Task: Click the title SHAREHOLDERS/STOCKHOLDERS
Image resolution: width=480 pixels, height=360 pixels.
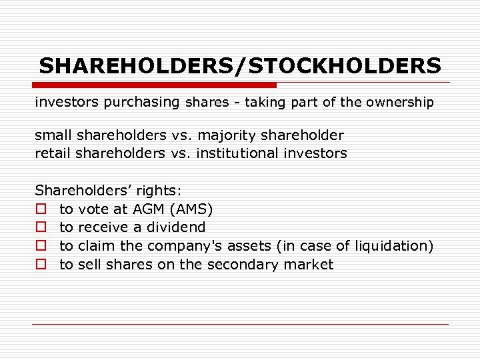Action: click(240, 66)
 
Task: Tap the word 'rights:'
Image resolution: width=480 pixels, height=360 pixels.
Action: click(159, 190)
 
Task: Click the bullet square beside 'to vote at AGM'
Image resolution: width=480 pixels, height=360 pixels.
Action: click(41, 209)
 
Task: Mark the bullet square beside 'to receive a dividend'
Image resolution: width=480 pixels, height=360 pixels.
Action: click(41, 228)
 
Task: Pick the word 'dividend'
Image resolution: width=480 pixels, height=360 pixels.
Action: click(177, 227)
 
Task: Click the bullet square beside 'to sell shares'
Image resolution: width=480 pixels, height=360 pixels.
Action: click(41, 265)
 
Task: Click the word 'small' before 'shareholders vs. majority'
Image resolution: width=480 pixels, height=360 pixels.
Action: click(53, 135)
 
